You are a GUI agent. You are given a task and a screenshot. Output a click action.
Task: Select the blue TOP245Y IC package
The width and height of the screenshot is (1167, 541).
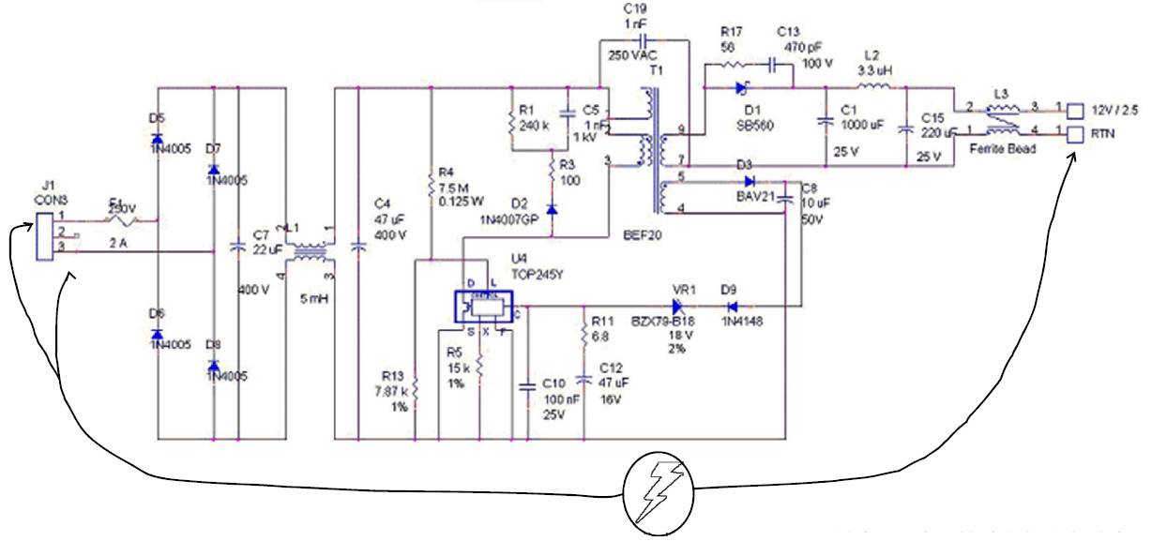[x=485, y=306]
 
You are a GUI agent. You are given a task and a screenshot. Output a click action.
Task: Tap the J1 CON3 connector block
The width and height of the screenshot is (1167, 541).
[x=41, y=235]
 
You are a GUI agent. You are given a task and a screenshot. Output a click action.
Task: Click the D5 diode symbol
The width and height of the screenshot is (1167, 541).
[x=157, y=140]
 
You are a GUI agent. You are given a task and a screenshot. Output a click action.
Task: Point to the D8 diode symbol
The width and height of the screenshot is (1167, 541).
[x=214, y=365]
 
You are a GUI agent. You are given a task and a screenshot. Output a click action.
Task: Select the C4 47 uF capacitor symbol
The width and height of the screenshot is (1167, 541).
[x=357, y=248]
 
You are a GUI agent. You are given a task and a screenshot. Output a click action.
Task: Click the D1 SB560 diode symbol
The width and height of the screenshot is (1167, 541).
[x=743, y=89]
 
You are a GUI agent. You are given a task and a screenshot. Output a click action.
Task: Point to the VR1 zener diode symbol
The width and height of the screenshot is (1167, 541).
[x=678, y=306]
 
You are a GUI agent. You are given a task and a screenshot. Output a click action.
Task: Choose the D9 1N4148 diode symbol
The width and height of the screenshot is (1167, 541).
[x=734, y=306]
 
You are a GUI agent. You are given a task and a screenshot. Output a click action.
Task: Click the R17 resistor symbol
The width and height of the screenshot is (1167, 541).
[x=729, y=65]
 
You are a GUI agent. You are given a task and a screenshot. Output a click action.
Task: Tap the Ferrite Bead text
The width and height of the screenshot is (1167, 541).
[x=1004, y=149]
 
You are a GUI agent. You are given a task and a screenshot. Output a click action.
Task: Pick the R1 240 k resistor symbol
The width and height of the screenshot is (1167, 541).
[x=513, y=120]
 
